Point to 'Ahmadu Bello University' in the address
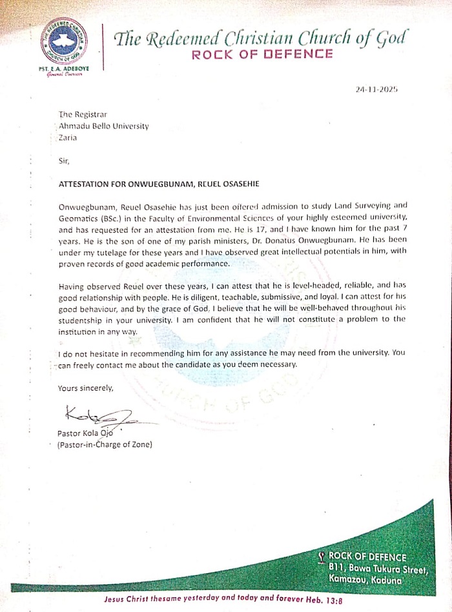(x=103, y=126)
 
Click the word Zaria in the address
(x=68, y=137)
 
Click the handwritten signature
(x=97, y=414)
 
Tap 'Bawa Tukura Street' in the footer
(x=387, y=568)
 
